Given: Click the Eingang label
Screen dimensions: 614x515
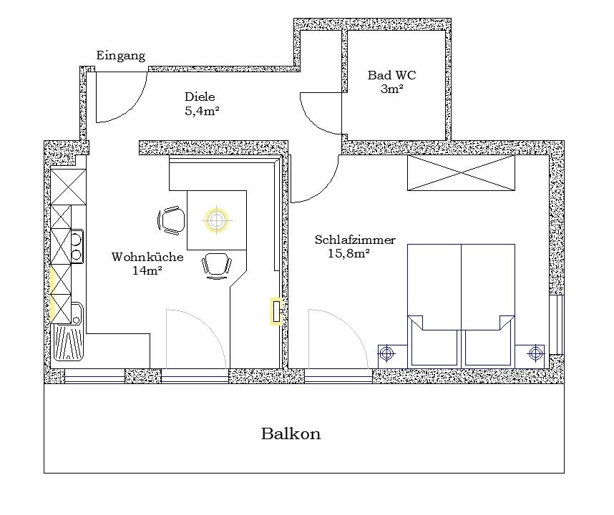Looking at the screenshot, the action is pyautogui.click(x=121, y=57).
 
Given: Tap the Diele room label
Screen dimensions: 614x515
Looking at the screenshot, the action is pyautogui.click(x=200, y=97).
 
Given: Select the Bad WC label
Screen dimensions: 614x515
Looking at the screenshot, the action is pyautogui.click(x=391, y=74).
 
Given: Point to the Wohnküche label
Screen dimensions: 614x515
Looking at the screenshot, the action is pyautogui.click(x=147, y=257).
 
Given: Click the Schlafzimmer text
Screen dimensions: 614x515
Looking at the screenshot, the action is pyautogui.click(x=355, y=240).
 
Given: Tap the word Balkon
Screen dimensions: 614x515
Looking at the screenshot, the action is pyautogui.click(x=291, y=433).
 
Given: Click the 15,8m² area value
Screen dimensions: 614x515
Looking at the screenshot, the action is pyautogui.click(x=349, y=253).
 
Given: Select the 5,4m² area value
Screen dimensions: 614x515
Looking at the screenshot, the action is pyautogui.click(x=201, y=111).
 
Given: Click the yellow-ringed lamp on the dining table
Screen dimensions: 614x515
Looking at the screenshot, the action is pyautogui.click(x=215, y=220).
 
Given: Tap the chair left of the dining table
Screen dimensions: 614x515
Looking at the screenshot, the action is pyautogui.click(x=171, y=221).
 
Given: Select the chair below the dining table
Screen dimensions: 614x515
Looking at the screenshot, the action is pyautogui.click(x=217, y=265).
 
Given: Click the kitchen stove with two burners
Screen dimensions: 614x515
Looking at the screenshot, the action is pyautogui.click(x=77, y=247).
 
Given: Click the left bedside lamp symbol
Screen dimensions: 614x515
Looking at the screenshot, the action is pyautogui.click(x=386, y=354).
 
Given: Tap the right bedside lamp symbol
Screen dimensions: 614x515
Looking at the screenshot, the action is pyautogui.click(x=535, y=354).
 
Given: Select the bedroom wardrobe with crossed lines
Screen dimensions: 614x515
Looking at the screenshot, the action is pyautogui.click(x=462, y=172).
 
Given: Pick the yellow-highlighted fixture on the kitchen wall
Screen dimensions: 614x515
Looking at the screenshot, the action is pyautogui.click(x=276, y=311).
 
